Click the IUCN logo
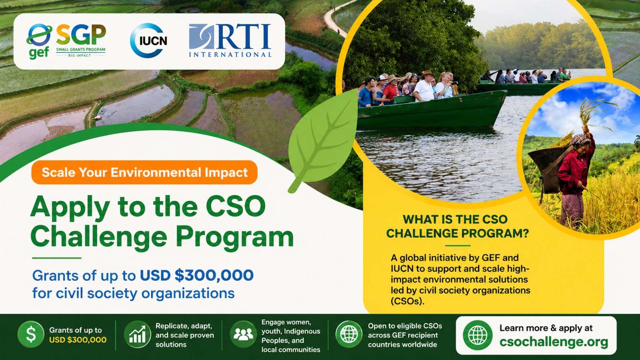tap(148, 40)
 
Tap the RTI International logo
tap(230, 40)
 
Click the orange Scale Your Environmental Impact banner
tap(144, 172)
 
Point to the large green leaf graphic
tap(323, 140)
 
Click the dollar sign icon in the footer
tap(31, 334)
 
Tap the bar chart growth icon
tap(138, 334)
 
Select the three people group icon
tap(243, 334)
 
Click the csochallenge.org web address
tap(554, 342)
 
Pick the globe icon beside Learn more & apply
tap(478, 335)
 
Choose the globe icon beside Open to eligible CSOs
tap(349, 334)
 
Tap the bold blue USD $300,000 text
tap(196, 276)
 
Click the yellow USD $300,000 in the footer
tap(78, 340)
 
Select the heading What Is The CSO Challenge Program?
tap(458, 226)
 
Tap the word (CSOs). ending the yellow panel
tap(408, 302)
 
